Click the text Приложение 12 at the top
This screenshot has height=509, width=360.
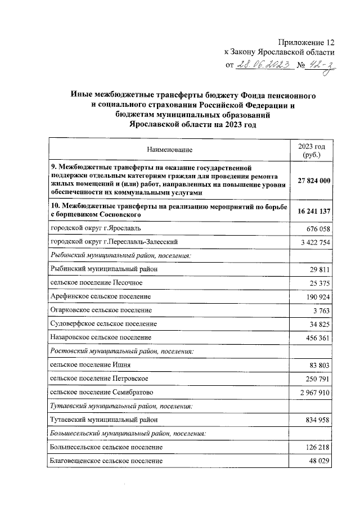pos(305,43)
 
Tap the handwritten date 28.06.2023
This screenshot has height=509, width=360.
pos(264,65)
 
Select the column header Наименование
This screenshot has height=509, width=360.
pos(169,150)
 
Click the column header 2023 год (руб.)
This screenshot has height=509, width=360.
pos(311,150)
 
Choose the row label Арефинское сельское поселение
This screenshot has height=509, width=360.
pos(101,296)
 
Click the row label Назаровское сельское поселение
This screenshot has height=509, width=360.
pos(101,337)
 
